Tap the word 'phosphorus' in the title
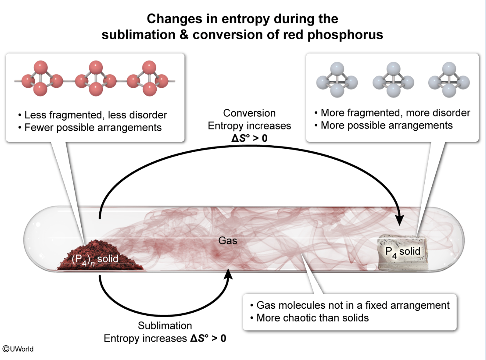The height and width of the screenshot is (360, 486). [x=345, y=35]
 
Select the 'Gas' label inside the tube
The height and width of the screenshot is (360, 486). [x=228, y=241]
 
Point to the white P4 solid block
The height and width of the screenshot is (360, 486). [x=403, y=252]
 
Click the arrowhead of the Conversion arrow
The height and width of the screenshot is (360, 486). [x=400, y=219]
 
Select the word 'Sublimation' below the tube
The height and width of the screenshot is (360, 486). [x=165, y=326]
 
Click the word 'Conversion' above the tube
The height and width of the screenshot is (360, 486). [x=250, y=113]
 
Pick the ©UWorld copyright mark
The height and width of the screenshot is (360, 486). [x=18, y=349]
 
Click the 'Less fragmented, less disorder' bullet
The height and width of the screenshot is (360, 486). [x=93, y=115]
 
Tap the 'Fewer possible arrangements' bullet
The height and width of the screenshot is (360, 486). [x=90, y=128]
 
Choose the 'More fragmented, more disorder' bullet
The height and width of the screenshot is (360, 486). [x=392, y=113]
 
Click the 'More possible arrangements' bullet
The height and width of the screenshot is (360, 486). [x=384, y=126]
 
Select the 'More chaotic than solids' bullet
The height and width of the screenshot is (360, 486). [x=309, y=318]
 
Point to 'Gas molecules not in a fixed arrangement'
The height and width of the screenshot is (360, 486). [x=350, y=305]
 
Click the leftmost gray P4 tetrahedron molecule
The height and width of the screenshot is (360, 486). [x=337, y=80]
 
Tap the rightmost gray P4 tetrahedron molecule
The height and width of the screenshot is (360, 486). [x=449, y=80]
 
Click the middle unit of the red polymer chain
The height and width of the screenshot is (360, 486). [x=96, y=79]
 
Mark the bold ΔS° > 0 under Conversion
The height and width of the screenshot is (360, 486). [x=250, y=138]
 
